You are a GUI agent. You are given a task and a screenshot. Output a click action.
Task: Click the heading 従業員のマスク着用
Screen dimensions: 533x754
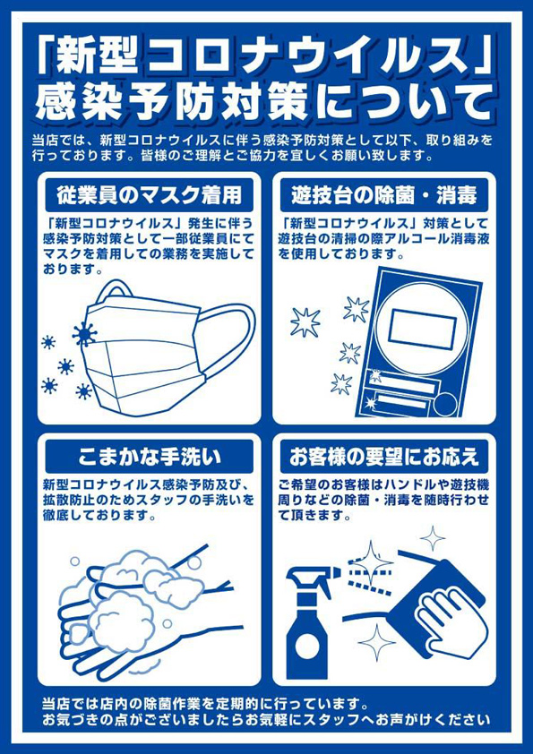point(149,196)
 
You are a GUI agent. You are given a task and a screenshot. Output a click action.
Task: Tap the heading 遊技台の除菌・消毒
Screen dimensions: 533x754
point(384,196)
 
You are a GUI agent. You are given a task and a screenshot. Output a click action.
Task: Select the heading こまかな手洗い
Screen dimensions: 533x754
point(149,457)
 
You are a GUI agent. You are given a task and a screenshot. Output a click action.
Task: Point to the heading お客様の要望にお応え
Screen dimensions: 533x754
point(384,457)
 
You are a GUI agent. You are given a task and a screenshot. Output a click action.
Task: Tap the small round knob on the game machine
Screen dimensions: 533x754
point(445,405)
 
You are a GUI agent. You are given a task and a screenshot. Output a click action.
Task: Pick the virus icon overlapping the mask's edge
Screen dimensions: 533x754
point(85,334)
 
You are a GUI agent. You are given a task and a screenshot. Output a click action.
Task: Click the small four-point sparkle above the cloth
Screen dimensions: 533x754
point(433,538)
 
